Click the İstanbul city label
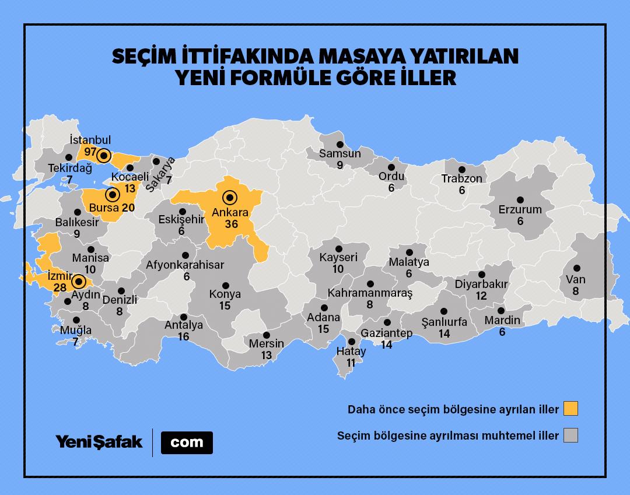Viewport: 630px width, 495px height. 90,140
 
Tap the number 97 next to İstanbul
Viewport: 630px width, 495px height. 90,152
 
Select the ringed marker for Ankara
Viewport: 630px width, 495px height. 230,197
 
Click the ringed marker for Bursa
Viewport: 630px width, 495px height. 111,195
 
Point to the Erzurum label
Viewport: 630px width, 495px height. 520,209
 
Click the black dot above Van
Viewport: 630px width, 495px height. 576,268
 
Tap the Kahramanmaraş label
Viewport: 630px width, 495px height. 370,293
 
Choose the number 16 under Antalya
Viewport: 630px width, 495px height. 184,336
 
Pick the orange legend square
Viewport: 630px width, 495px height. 570,409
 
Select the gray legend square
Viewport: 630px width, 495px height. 570,436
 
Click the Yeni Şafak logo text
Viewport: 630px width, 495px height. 99,442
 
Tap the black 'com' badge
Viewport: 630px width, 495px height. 187,443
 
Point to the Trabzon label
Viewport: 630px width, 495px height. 461,179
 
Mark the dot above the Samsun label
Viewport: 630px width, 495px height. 339,142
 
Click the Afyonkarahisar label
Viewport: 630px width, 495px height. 185,265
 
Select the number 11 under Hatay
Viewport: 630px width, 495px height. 351,363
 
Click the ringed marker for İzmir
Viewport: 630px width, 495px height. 78,283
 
